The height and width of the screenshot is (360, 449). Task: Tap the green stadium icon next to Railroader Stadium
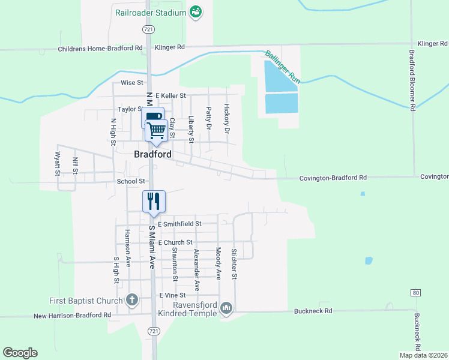tap(195, 11)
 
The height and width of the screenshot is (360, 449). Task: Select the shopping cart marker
tap(156, 130)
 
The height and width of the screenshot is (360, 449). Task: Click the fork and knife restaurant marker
tap(153, 201)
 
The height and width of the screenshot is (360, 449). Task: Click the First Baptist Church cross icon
tap(133, 299)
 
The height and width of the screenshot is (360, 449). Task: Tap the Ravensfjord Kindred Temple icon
tap(226, 308)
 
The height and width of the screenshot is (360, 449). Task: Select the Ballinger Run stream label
tap(283, 66)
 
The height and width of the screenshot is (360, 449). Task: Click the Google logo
tap(20, 353)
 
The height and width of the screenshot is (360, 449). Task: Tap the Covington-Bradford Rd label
tap(333, 178)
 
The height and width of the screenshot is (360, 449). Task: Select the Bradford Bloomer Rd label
tap(412, 80)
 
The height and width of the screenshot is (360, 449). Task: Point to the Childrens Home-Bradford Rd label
tap(101, 48)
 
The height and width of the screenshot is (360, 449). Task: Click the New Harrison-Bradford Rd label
tap(72, 315)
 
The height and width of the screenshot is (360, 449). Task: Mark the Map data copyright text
tap(423, 355)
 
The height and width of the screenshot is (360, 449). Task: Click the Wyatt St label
tap(58, 163)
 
